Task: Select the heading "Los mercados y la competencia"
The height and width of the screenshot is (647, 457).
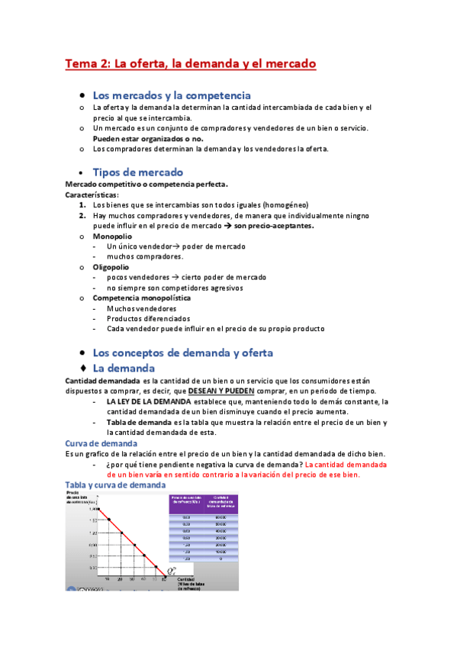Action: (x=171, y=95)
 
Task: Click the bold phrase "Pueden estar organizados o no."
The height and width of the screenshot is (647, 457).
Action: (x=144, y=139)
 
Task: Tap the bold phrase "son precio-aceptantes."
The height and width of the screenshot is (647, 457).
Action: (x=274, y=226)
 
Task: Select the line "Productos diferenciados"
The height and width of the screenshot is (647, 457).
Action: (x=148, y=318)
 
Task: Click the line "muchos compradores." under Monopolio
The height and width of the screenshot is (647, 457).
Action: (x=145, y=257)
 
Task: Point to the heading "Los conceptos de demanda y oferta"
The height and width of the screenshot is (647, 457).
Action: (x=182, y=352)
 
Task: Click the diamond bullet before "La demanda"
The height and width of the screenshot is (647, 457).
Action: (x=83, y=369)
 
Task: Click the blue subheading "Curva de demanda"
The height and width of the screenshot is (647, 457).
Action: (x=101, y=443)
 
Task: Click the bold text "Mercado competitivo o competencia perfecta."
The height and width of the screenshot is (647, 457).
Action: (x=146, y=185)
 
